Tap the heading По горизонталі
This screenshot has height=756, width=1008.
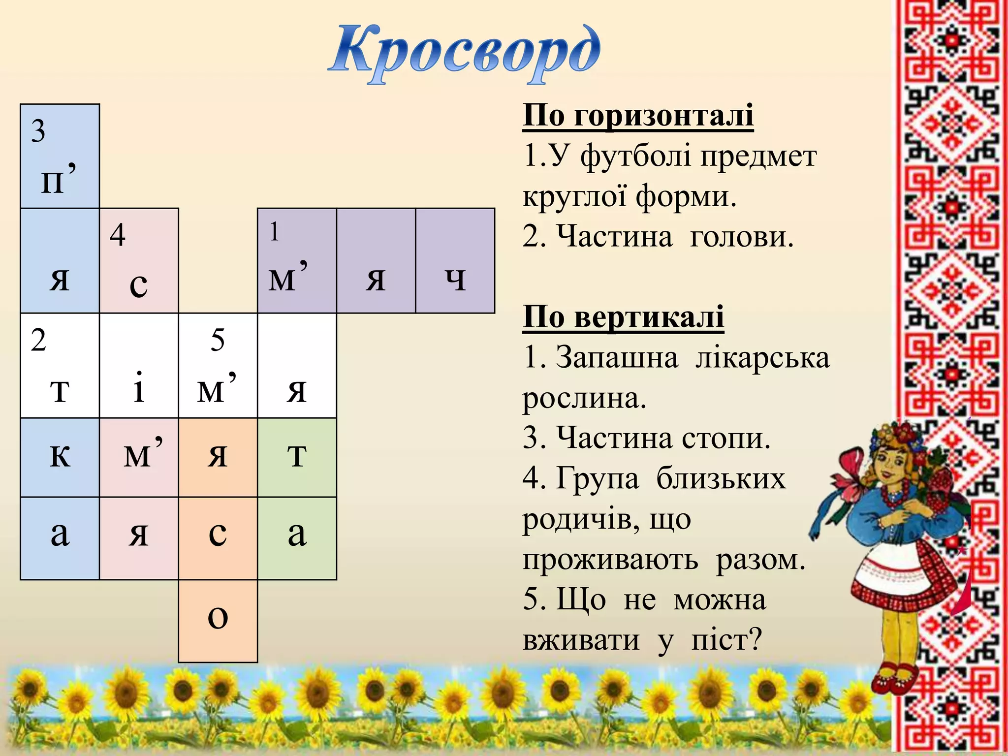click(638, 116)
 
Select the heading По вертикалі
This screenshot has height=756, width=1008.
click(623, 316)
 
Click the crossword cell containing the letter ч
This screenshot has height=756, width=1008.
click(455, 261)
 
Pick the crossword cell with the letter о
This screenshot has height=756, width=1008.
click(218, 621)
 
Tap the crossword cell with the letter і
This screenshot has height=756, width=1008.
click(139, 366)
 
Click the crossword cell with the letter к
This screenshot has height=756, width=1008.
click(60, 458)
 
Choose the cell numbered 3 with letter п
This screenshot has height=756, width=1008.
click(60, 156)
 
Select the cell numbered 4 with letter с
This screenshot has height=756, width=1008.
click(139, 261)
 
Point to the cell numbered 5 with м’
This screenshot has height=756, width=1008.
click(218, 366)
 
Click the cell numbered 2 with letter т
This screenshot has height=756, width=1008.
click(60, 366)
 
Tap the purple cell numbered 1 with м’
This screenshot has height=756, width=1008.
click(297, 261)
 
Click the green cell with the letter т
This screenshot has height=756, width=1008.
click(297, 458)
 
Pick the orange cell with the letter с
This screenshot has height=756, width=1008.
click(218, 538)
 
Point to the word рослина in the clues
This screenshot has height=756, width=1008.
click(584, 399)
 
